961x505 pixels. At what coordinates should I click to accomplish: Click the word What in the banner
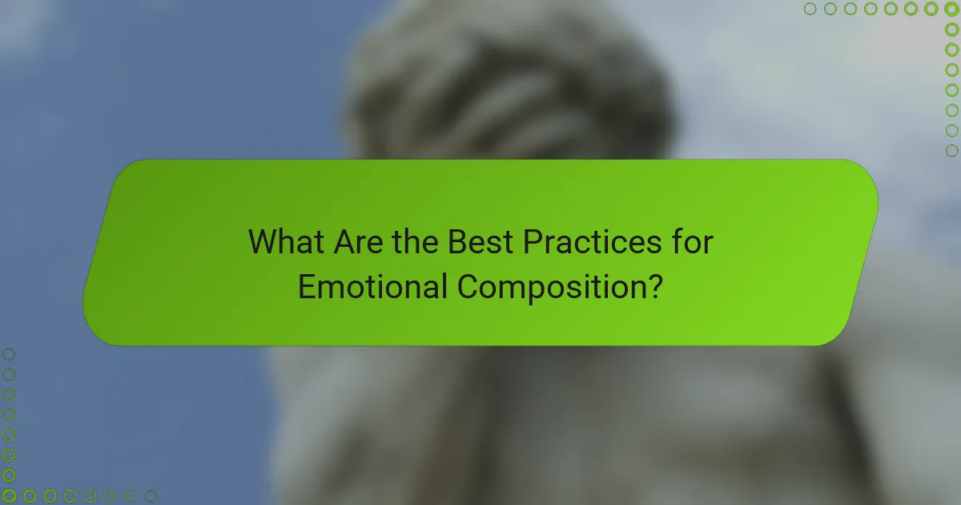click(x=286, y=241)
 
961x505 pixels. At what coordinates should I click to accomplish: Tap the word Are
click(x=356, y=241)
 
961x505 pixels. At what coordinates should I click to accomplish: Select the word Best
click(x=478, y=241)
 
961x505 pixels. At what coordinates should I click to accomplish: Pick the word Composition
click(x=549, y=287)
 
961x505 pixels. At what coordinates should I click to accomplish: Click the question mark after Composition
click(x=654, y=286)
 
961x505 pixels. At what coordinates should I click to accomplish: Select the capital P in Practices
click(x=532, y=241)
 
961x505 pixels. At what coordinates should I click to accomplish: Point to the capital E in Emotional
click(x=305, y=286)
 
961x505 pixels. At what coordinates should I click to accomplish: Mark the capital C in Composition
click(x=468, y=286)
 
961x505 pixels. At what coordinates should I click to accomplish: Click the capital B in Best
click(x=456, y=241)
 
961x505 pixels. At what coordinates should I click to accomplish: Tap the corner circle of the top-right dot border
click(x=951, y=10)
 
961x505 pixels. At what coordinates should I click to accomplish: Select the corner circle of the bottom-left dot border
click(x=10, y=496)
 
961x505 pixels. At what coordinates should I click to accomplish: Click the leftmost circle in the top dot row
click(x=810, y=10)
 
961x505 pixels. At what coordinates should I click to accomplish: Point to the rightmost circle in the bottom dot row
click(x=151, y=496)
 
